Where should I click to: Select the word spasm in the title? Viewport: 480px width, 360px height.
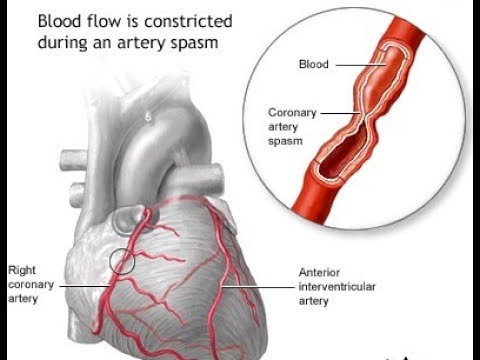coord(194,44)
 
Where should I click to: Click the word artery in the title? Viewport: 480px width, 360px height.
coord(147,44)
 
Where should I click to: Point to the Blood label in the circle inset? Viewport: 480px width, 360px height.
coord(313,63)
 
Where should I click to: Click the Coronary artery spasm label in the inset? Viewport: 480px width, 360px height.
coord(293,127)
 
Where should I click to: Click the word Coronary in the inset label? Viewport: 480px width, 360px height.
coord(293,113)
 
